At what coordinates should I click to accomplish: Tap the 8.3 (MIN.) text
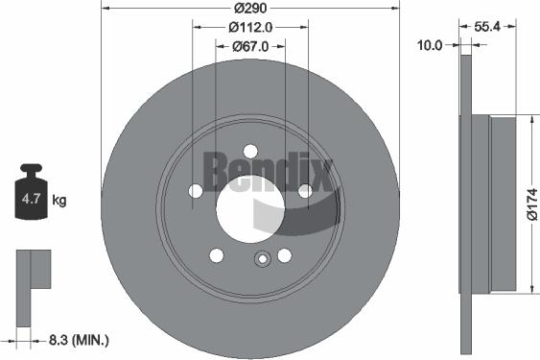79,339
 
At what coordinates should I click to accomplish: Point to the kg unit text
59,201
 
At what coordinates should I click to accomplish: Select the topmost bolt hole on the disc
250,150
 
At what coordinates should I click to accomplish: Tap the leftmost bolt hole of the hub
196,191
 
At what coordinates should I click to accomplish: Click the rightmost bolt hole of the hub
305,191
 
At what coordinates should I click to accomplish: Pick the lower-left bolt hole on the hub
217,254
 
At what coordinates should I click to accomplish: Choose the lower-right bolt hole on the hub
284,254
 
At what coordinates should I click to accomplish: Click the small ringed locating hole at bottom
260,258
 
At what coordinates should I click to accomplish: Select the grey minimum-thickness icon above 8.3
32,270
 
